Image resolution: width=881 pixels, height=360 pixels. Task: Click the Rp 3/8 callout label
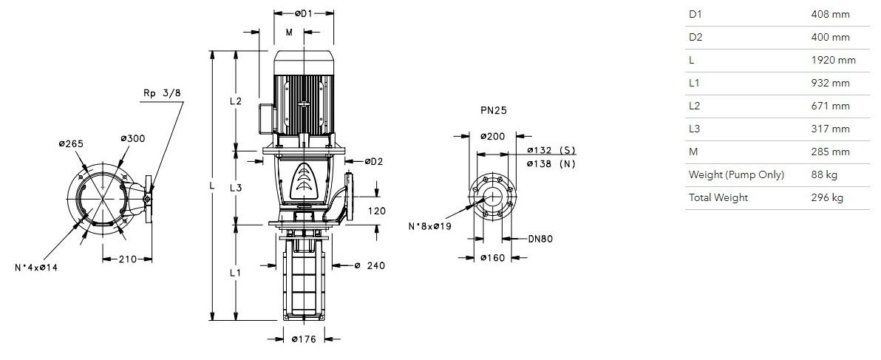click(x=162, y=93)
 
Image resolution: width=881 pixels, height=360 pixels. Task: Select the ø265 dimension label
click(x=71, y=143)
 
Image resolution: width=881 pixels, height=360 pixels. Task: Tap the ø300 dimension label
click(x=132, y=138)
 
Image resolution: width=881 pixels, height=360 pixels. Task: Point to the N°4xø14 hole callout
click(x=36, y=268)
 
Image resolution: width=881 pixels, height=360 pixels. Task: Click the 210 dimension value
click(x=127, y=259)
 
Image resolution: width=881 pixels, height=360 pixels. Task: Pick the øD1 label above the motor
click(x=304, y=13)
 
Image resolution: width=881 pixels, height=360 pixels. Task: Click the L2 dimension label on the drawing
click(x=236, y=101)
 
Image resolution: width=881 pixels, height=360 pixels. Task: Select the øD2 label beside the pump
click(x=374, y=162)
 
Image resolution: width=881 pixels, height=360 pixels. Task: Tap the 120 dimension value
click(x=378, y=211)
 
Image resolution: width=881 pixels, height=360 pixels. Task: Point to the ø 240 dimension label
click(x=370, y=265)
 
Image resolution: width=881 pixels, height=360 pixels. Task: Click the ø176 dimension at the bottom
click(x=304, y=339)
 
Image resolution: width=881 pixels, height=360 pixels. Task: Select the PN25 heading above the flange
click(x=493, y=111)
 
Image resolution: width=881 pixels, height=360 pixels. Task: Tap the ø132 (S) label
click(x=552, y=150)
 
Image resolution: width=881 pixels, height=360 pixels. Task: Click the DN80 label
click(x=540, y=239)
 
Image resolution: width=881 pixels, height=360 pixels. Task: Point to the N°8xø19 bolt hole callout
click(x=430, y=226)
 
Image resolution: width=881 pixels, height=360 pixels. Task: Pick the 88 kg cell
click(x=824, y=174)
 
